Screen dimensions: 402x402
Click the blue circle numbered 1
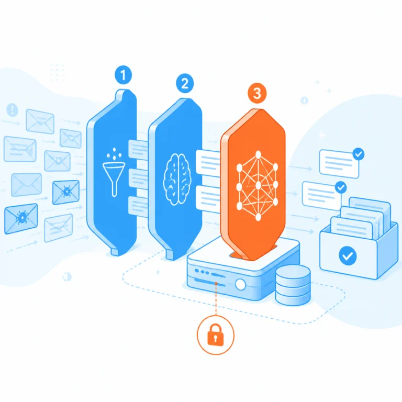click(124, 75)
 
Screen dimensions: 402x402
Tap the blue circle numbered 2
click(185, 83)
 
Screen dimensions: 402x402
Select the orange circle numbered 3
click(257, 93)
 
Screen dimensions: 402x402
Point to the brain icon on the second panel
click(177, 179)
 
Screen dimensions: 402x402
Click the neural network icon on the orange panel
click(257, 186)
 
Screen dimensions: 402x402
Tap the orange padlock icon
click(215, 335)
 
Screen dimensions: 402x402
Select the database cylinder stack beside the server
click(293, 285)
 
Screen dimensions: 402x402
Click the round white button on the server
click(240, 284)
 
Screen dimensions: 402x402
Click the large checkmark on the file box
click(348, 255)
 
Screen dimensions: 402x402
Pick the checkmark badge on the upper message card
click(359, 154)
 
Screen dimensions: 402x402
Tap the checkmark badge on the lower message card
click(341, 187)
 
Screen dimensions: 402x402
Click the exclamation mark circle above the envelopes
click(12, 110)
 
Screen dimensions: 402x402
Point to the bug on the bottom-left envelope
click(22, 217)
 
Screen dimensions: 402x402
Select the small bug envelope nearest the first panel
click(66, 192)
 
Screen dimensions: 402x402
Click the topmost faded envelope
click(40, 121)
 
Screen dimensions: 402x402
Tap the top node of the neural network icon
click(258, 154)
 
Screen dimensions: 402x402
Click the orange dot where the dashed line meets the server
click(216, 284)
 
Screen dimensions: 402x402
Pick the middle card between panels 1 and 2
click(138, 179)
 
